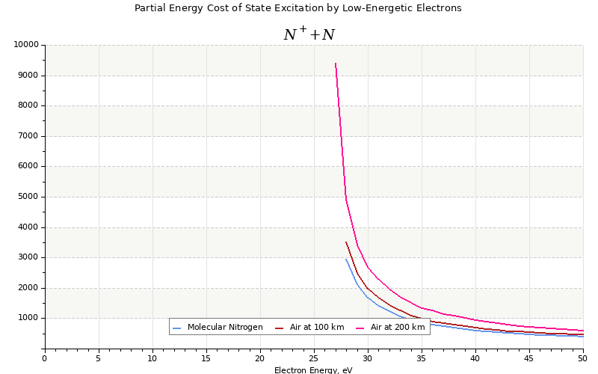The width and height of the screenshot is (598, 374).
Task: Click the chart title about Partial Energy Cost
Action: (x=298, y=8)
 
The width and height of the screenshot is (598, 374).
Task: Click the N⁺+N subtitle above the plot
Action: (x=309, y=34)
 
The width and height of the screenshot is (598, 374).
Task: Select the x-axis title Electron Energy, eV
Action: (x=313, y=370)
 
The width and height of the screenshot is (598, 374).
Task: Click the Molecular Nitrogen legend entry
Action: (x=225, y=328)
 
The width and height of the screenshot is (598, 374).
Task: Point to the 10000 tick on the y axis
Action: (x=25, y=45)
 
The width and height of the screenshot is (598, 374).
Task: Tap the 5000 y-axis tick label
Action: (x=28, y=197)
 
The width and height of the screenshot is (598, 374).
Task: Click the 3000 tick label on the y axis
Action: (x=28, y=257)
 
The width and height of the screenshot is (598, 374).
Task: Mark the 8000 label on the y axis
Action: (x=28, y=105)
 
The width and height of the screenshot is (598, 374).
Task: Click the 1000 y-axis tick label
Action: (x=28, y=318)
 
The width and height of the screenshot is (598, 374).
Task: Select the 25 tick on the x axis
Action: (x=313, y=358)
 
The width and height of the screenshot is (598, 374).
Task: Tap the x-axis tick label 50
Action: (x=582, y=358)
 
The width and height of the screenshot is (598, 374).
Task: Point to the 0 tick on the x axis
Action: (x=44, y=358)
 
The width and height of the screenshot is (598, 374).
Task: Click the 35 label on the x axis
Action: (x=421, y=358)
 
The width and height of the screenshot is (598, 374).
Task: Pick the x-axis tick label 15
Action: (x=206, y=358)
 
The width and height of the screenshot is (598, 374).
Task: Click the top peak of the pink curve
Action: (x=336, y=63)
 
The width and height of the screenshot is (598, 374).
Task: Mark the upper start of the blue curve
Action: (x=346, y=259)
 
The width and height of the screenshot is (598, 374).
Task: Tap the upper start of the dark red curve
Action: (x=346, y=242)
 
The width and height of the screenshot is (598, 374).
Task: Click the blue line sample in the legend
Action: (x=177, y=328)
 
